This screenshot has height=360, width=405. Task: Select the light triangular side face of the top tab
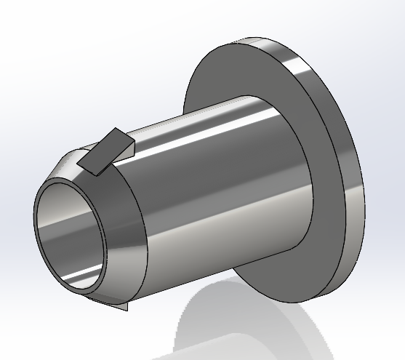pos(125,151)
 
